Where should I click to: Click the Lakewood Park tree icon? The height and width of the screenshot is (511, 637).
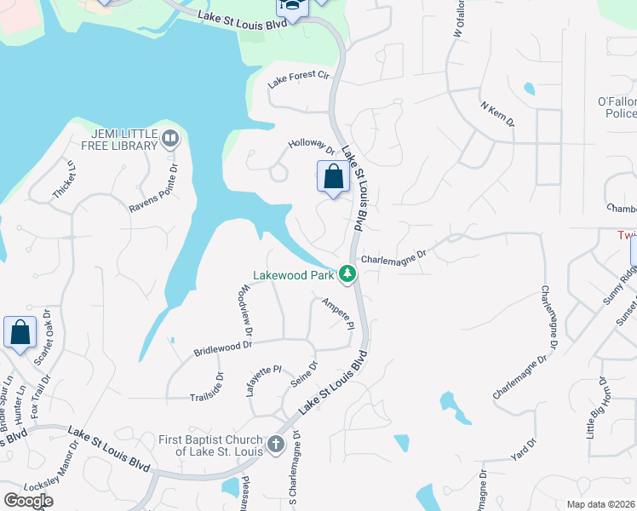click(347, 274)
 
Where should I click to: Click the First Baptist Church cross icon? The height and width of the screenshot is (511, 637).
click(275, 444)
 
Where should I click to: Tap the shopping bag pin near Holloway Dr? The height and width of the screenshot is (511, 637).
click(333, 178)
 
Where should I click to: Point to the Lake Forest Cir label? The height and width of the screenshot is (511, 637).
click(298, 79)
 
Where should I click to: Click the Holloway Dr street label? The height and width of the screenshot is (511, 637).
click(312, 148)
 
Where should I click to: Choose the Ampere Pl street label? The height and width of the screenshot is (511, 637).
click(337, 313)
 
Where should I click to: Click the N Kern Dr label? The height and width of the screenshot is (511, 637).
click(498, 115)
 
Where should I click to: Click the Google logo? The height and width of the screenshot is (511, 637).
click(28, 500)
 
